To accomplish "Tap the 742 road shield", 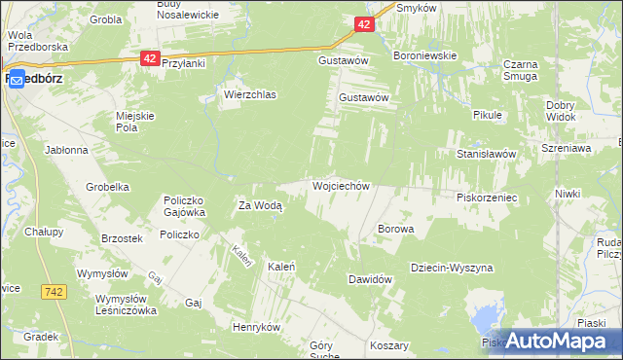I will point(54,291).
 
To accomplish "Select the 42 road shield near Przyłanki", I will point(149,58).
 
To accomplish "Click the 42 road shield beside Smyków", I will point(363,24).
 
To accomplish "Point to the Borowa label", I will point(395,230).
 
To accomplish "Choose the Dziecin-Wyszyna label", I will point(452,267).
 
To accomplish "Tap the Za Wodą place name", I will point(260,205).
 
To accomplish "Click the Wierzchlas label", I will point(250,95).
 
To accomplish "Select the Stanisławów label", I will point(492,154).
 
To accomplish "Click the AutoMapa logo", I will point(554,340).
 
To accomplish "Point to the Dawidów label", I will point(370,279).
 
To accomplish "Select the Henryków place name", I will point(256,328).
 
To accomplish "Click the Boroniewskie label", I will point(424,56).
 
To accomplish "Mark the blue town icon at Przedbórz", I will point(18,83).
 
